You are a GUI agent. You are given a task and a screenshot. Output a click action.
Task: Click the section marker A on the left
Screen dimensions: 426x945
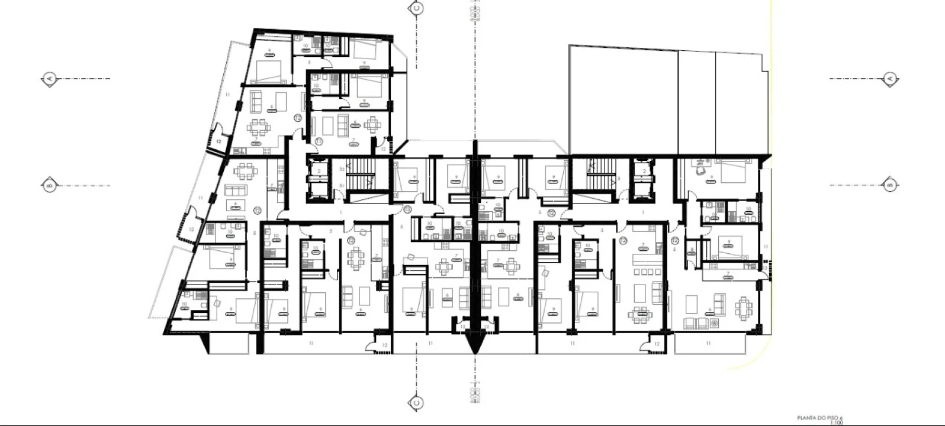50,78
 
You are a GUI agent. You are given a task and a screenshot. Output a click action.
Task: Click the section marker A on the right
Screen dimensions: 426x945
889,78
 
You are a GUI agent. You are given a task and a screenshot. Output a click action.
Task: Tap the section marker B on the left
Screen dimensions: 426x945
50,185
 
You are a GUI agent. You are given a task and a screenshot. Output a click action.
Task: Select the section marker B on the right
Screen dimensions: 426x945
889,185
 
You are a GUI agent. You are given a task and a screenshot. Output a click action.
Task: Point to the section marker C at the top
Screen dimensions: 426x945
416,8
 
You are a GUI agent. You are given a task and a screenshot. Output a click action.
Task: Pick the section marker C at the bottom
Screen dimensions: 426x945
416,403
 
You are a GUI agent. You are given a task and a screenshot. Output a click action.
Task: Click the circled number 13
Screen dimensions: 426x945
407,209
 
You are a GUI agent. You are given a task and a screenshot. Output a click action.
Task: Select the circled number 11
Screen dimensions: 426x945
319,141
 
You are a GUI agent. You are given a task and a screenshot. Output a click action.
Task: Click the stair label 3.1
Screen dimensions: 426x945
342,185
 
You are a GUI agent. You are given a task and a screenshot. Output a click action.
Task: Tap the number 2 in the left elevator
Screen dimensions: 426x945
319,172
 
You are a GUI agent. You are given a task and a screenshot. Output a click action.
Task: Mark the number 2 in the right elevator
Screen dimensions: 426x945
644,172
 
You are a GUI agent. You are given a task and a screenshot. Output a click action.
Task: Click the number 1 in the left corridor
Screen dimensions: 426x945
341,212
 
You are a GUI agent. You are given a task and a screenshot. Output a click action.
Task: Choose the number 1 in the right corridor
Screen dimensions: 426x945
644,212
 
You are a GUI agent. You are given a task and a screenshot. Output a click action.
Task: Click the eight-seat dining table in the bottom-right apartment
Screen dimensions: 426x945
744,307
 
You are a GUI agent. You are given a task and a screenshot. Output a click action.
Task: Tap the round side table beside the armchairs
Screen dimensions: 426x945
714,324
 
